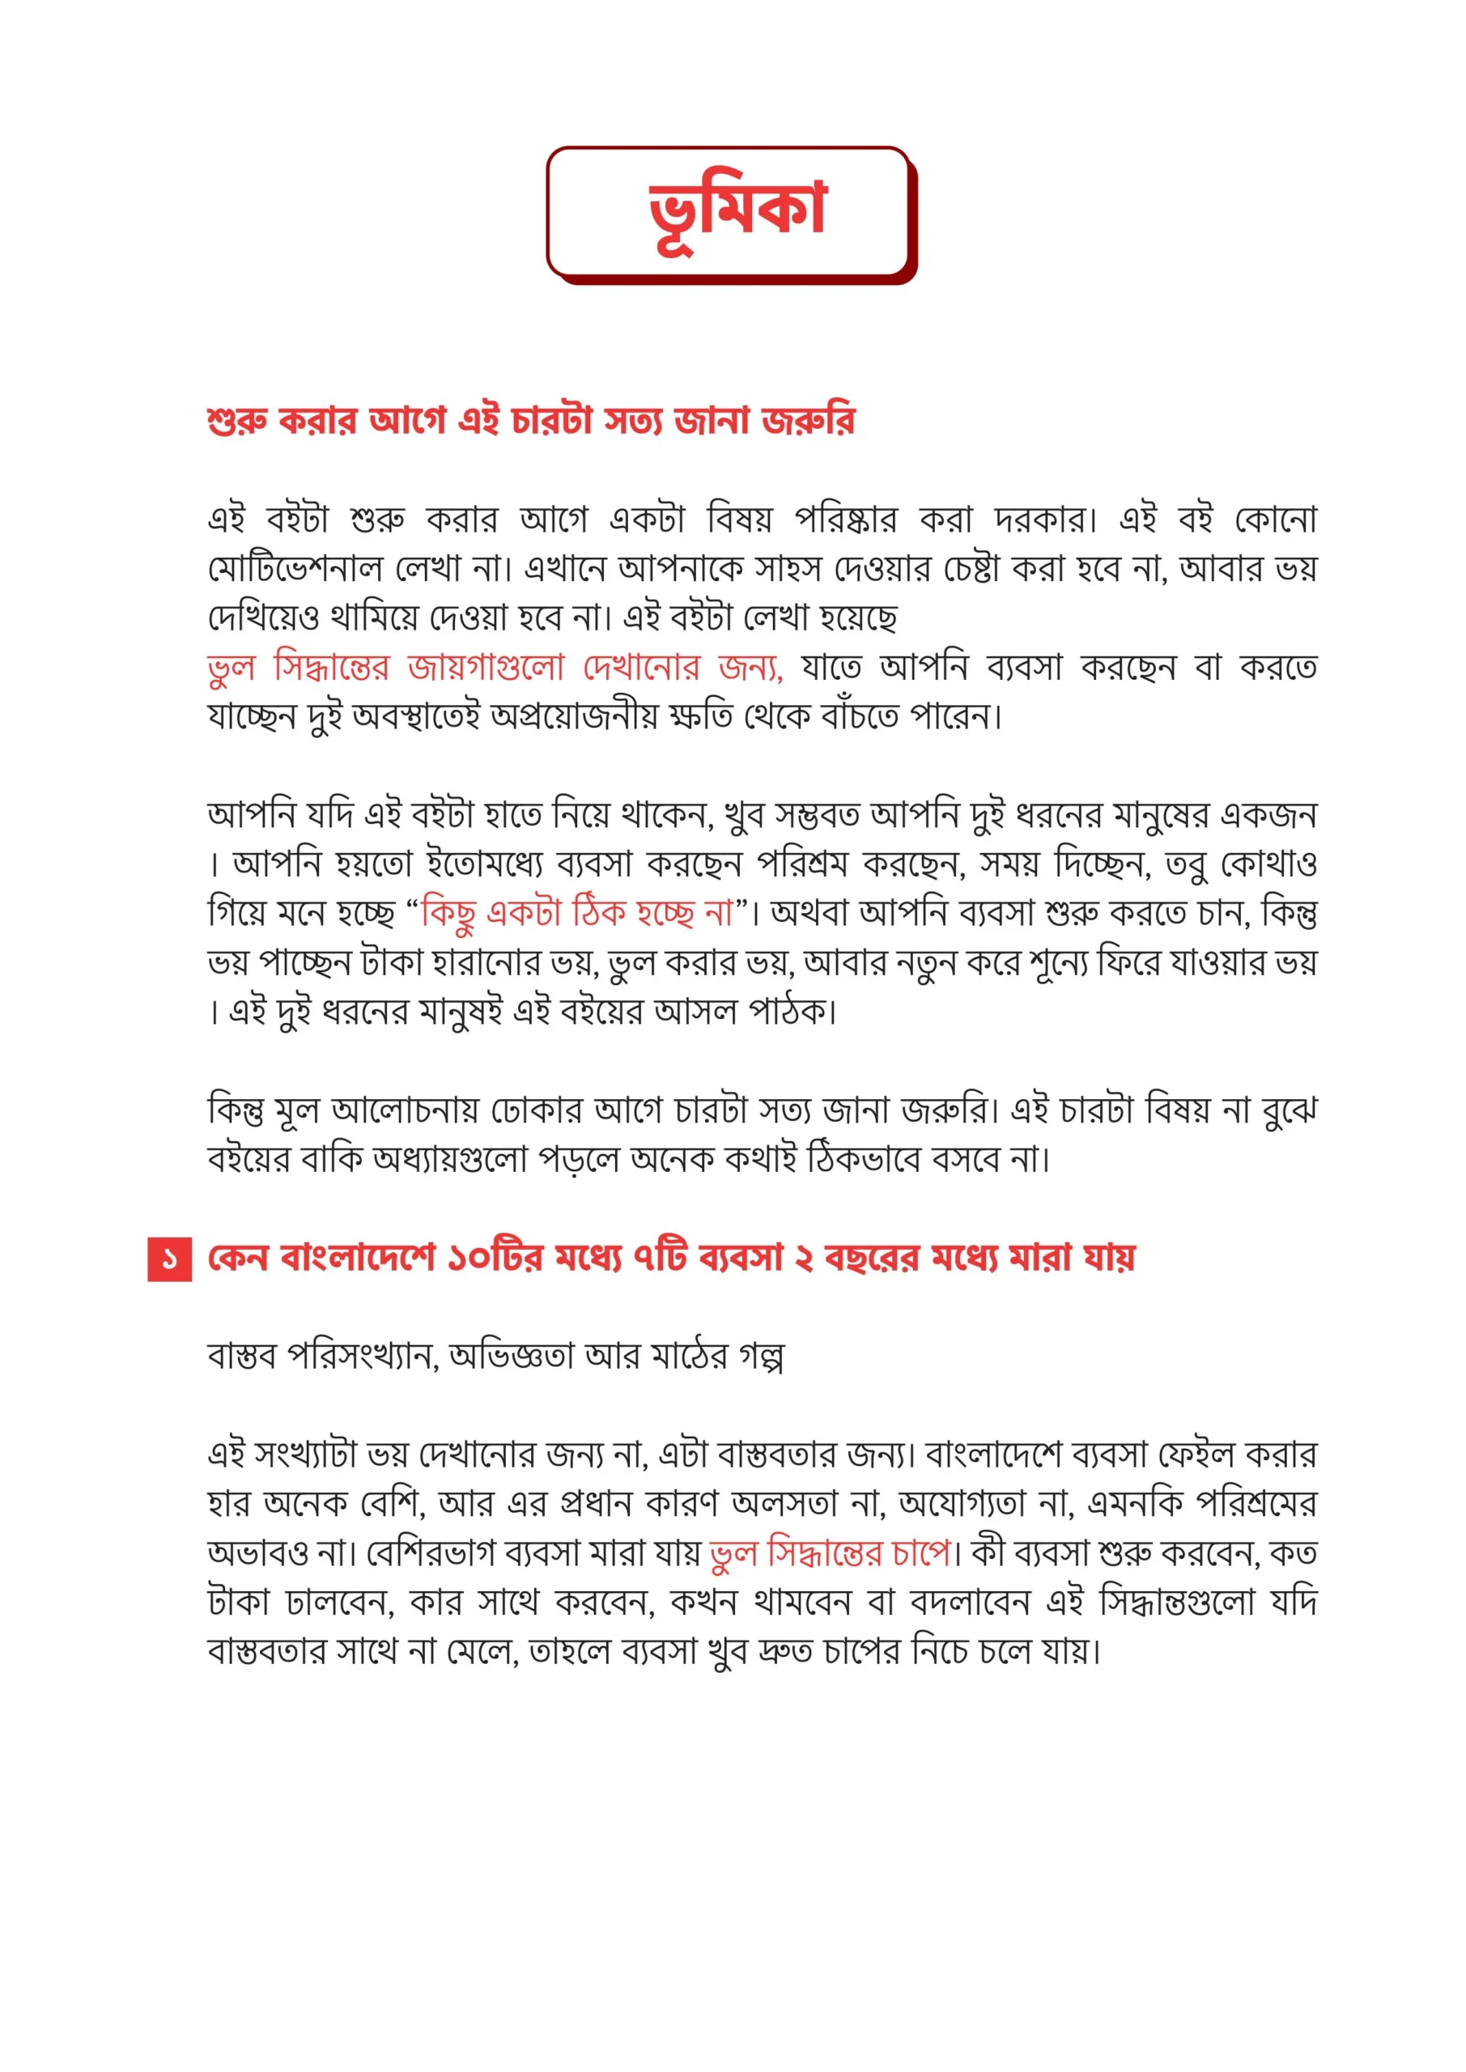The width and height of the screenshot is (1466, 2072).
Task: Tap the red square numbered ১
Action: [170, 1258]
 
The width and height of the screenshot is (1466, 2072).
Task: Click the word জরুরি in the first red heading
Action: [808, 421]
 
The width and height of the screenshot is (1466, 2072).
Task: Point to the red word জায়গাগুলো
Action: [486, 668]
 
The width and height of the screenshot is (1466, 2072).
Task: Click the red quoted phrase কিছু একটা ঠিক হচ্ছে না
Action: [578, 913]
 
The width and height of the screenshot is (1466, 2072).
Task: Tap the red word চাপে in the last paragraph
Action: [920, 1553]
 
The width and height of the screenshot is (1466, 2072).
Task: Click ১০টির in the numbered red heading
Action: [495, 1258]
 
